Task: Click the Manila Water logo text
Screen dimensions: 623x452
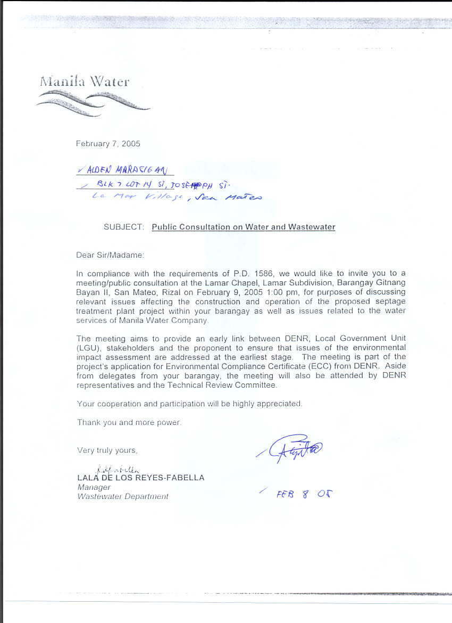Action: (x=84, y=82)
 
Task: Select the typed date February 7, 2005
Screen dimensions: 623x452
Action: (x=108, y=144)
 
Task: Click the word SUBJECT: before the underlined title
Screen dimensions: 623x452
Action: (x=124, y=227)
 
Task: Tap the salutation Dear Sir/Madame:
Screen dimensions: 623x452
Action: (x=110, y=255)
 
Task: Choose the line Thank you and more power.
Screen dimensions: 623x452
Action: (x=129, y=422)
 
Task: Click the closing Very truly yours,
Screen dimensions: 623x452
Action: (x=107, y=450)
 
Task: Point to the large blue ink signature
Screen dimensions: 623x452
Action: (x=290, y=449)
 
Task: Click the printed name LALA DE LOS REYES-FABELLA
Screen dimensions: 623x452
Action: (x=141, y=478)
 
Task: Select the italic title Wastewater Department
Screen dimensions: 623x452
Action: (x=123, y=496)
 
